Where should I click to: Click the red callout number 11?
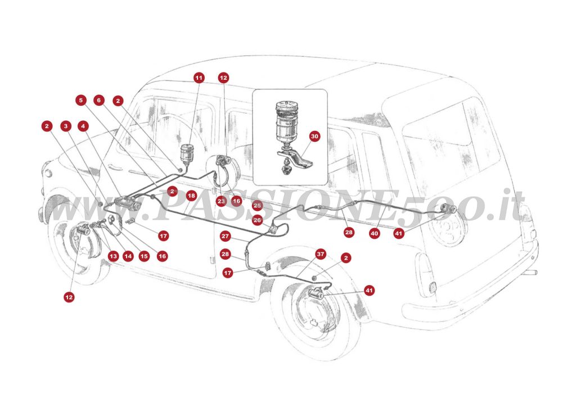click(199, 78)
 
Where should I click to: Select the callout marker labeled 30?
click(314, 136)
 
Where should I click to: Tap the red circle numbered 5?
click(81, 101)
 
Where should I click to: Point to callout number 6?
click(100, 101)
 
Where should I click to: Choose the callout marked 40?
click(375, 233)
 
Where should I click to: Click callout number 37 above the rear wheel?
click(321, 254)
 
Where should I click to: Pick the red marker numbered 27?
click(225, 236)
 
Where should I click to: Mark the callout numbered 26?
click(257, 220)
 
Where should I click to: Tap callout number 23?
click(220, 201)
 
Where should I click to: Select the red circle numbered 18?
click(191, 196)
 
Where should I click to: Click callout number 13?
click(113, 256)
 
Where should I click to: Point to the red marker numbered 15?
click(144, 256)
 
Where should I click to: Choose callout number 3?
click(66, 126)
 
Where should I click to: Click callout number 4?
click(84, 126)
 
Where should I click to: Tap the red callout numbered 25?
click(257, 205)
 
